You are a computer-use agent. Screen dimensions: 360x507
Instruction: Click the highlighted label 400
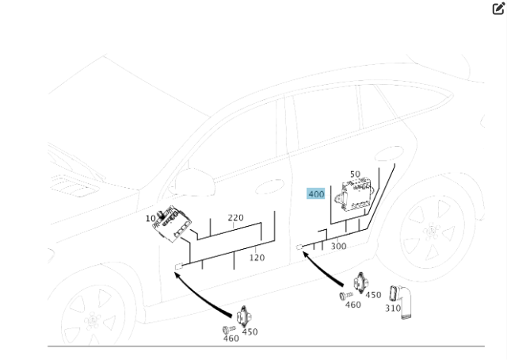pyautogui.click(x=316, y=194)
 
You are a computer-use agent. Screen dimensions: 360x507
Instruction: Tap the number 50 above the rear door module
pyautogui.click(x=355, y=174)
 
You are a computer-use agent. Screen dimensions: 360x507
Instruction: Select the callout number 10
pyautogui.click(x=151, y=219)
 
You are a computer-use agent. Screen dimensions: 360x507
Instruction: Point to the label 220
pyautogui.click(x=236, y=217)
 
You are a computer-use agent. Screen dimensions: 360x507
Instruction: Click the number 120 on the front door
pyautogui.click(x=257, y=258)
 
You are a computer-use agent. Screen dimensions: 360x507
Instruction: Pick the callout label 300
pyautogui.click(x=338, y=247)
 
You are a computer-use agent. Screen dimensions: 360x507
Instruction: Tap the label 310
pyautogui.click(x=393, y=308)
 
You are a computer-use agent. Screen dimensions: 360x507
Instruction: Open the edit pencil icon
pyautogui.click(x=498, y=9)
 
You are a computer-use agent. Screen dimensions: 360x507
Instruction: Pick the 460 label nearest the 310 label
pyautogui.click(x=353, y=305)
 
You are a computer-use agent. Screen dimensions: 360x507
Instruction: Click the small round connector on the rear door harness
pyautogui.click(x=299, y=247)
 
